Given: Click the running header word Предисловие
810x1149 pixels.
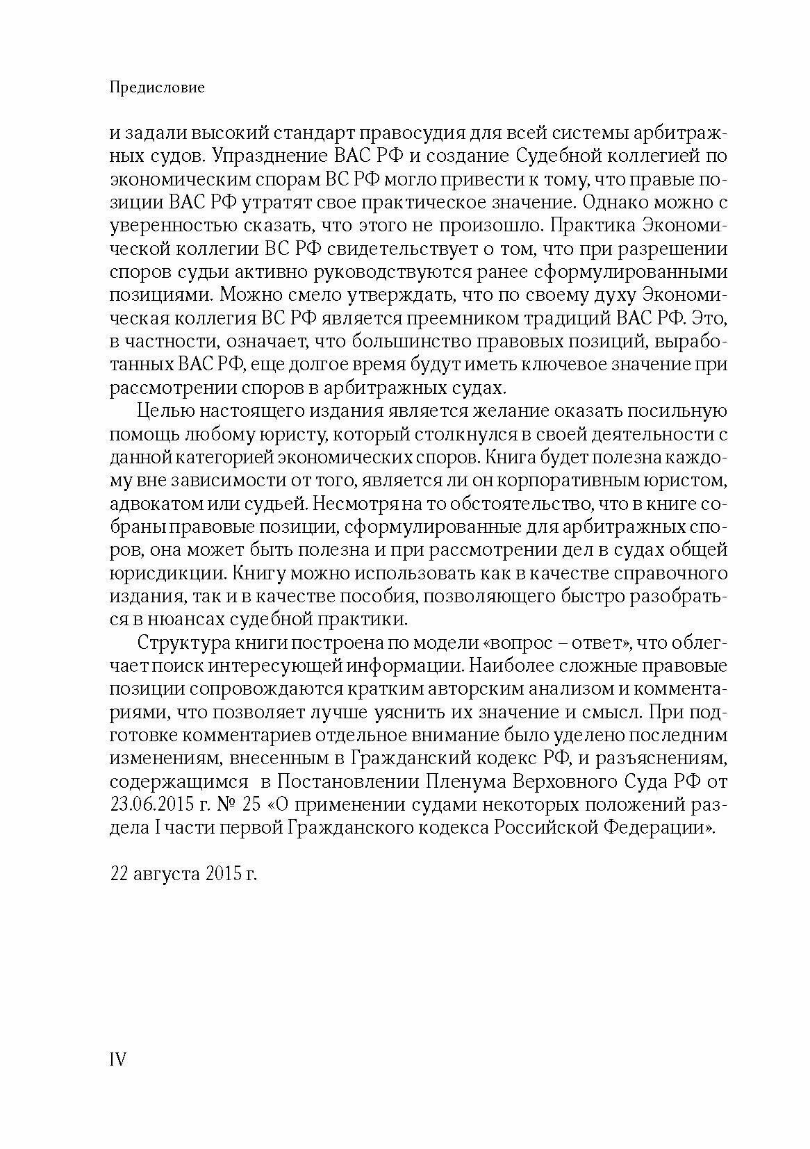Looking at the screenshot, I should [158, 88].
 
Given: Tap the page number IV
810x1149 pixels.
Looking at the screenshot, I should [117, 1079].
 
